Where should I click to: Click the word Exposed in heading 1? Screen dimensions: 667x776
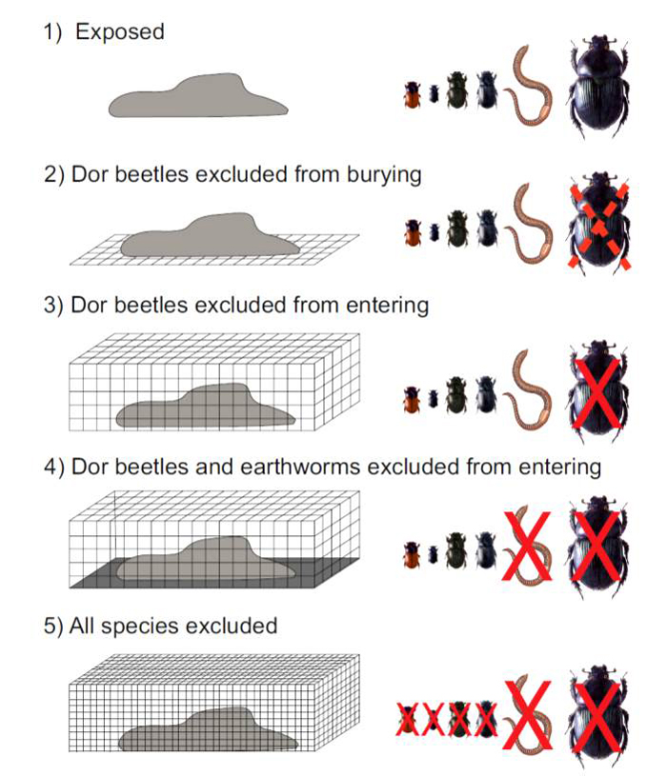coord(119,32)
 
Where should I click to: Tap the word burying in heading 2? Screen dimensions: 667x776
coord(384,175)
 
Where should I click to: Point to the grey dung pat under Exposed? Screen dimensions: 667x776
coord(198,96)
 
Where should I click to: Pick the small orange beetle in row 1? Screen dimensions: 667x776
coord(412,94)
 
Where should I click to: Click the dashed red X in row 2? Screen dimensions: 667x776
coord(598,227)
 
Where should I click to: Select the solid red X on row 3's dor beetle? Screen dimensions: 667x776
coord(596,392)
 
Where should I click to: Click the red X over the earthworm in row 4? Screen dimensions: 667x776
coord(526,546)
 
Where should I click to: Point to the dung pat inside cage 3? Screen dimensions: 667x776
coord(206,406)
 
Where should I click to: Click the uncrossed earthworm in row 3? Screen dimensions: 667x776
coord(528,390)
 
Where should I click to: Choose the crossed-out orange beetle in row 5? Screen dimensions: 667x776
coord(408,719)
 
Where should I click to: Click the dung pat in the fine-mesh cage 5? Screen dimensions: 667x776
coord(208,729)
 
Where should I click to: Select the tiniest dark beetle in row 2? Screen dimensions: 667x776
coord(435,232)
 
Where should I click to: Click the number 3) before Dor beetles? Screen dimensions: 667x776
coord(53,306)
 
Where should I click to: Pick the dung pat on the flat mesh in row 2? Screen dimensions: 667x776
coord(211,235)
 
